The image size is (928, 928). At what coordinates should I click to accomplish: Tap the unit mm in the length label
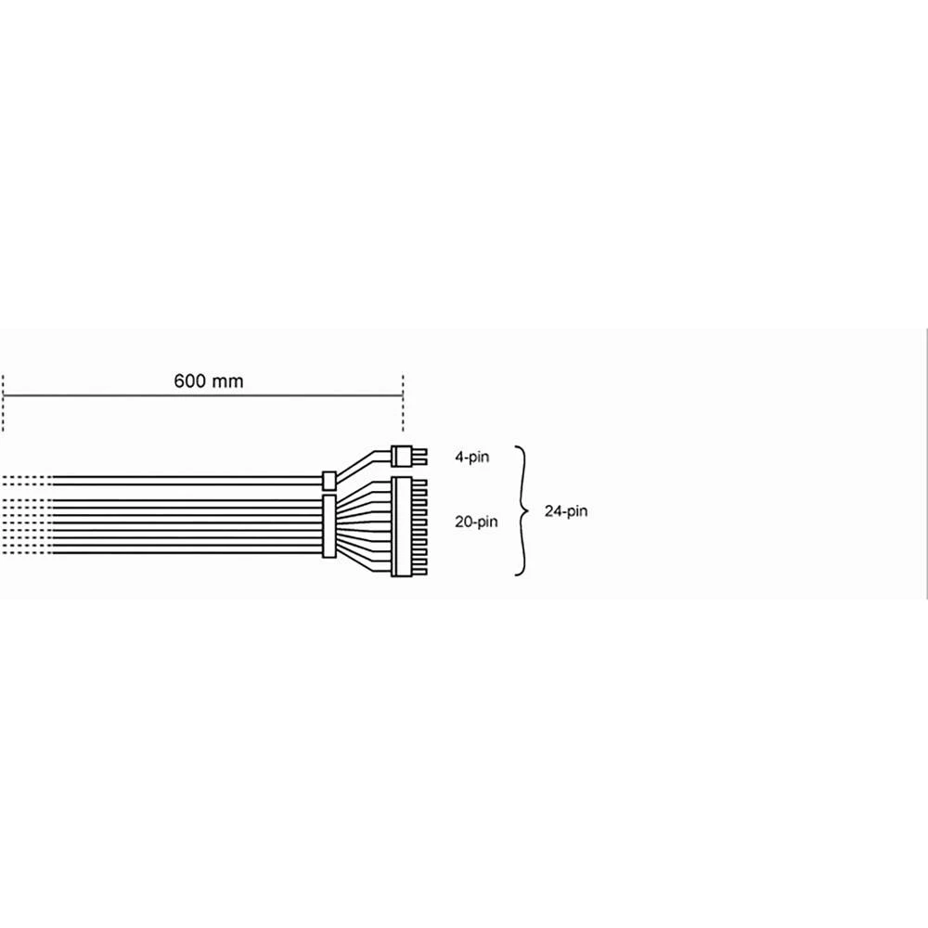tap(228, 380)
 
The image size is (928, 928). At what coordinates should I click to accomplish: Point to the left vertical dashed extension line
tap(4, 403)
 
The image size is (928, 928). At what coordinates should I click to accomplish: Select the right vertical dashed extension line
tap(402, 403)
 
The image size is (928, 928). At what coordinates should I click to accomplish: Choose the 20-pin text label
tap(477, 522)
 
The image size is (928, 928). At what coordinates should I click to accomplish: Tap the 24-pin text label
tap(566, 510)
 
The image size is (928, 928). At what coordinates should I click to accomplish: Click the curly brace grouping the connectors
tap(522, 510)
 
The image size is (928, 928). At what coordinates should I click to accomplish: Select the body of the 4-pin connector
tap(402, 456)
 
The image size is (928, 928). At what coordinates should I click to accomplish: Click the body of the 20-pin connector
tap(402, 524)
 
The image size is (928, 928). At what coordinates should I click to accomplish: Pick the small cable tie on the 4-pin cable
tap(328, 480)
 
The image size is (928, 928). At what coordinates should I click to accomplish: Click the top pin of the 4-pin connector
tap(419, 451)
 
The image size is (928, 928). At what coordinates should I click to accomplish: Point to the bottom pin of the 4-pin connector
tap(419, 461)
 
